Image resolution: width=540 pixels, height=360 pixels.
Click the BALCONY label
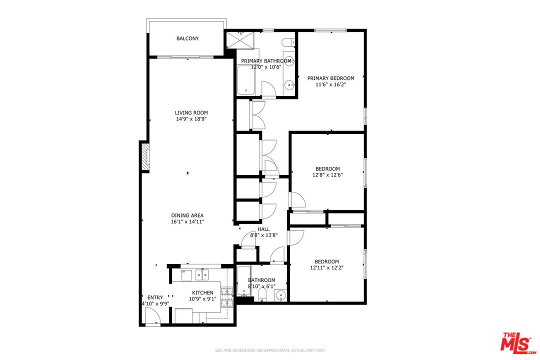click(187, 38)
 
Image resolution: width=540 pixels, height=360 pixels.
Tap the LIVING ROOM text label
click(191, 112)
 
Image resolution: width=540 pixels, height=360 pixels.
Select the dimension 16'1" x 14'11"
click(187, 221)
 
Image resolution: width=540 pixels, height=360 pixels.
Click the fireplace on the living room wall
click(145, 157)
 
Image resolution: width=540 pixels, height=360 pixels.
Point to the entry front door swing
click(152, 315)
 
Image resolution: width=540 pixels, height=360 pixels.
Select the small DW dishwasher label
click(183, 271)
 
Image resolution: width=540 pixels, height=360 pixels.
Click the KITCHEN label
click(203, 292)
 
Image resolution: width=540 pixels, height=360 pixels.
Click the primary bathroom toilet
click(288, 42)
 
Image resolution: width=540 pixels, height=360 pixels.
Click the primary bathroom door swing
click(268, 89)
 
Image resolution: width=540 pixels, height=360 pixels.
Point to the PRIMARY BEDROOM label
click(330, 78)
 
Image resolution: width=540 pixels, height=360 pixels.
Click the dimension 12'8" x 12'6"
click(327, 175)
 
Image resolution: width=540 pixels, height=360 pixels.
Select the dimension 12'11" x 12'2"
click(326, 267)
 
